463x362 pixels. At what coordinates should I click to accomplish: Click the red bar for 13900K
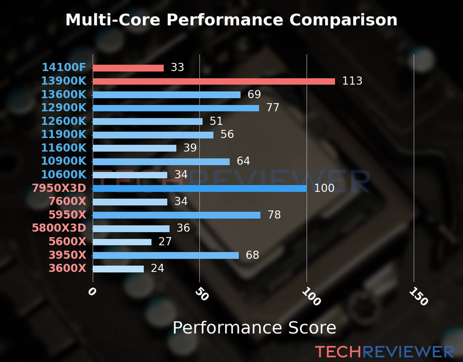pos(214,81)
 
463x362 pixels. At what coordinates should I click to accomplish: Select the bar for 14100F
pos(128,68)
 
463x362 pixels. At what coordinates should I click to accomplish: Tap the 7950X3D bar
pos(200,189)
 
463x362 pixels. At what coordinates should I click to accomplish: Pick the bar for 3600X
pos(118,269)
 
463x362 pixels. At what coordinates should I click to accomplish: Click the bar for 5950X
pos(176,215)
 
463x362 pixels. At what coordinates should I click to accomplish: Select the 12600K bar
pos(147,122)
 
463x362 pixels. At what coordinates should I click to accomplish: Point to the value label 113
pos(352,81)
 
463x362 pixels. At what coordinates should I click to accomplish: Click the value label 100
pos(324,188)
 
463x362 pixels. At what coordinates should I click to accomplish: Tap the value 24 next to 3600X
pos(157,268)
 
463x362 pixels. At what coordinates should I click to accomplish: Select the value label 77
pos(273,107)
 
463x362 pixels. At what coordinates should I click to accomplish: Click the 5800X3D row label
pos(59,228)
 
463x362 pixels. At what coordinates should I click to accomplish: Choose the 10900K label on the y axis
pos(64,161)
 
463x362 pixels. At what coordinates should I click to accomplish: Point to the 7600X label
pos(68,201)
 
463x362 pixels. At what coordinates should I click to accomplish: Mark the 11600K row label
pos(64,148)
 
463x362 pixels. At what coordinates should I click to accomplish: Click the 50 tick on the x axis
pos(202,294)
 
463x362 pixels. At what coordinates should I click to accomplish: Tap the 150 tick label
pos(418,296)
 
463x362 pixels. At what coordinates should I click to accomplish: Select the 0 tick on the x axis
pos(92,291)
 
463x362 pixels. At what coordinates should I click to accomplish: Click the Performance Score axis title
pos(254,328)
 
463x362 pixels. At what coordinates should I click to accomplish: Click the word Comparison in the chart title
pos(343,20)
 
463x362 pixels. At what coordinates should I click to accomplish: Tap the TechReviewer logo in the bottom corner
pos(384,352)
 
